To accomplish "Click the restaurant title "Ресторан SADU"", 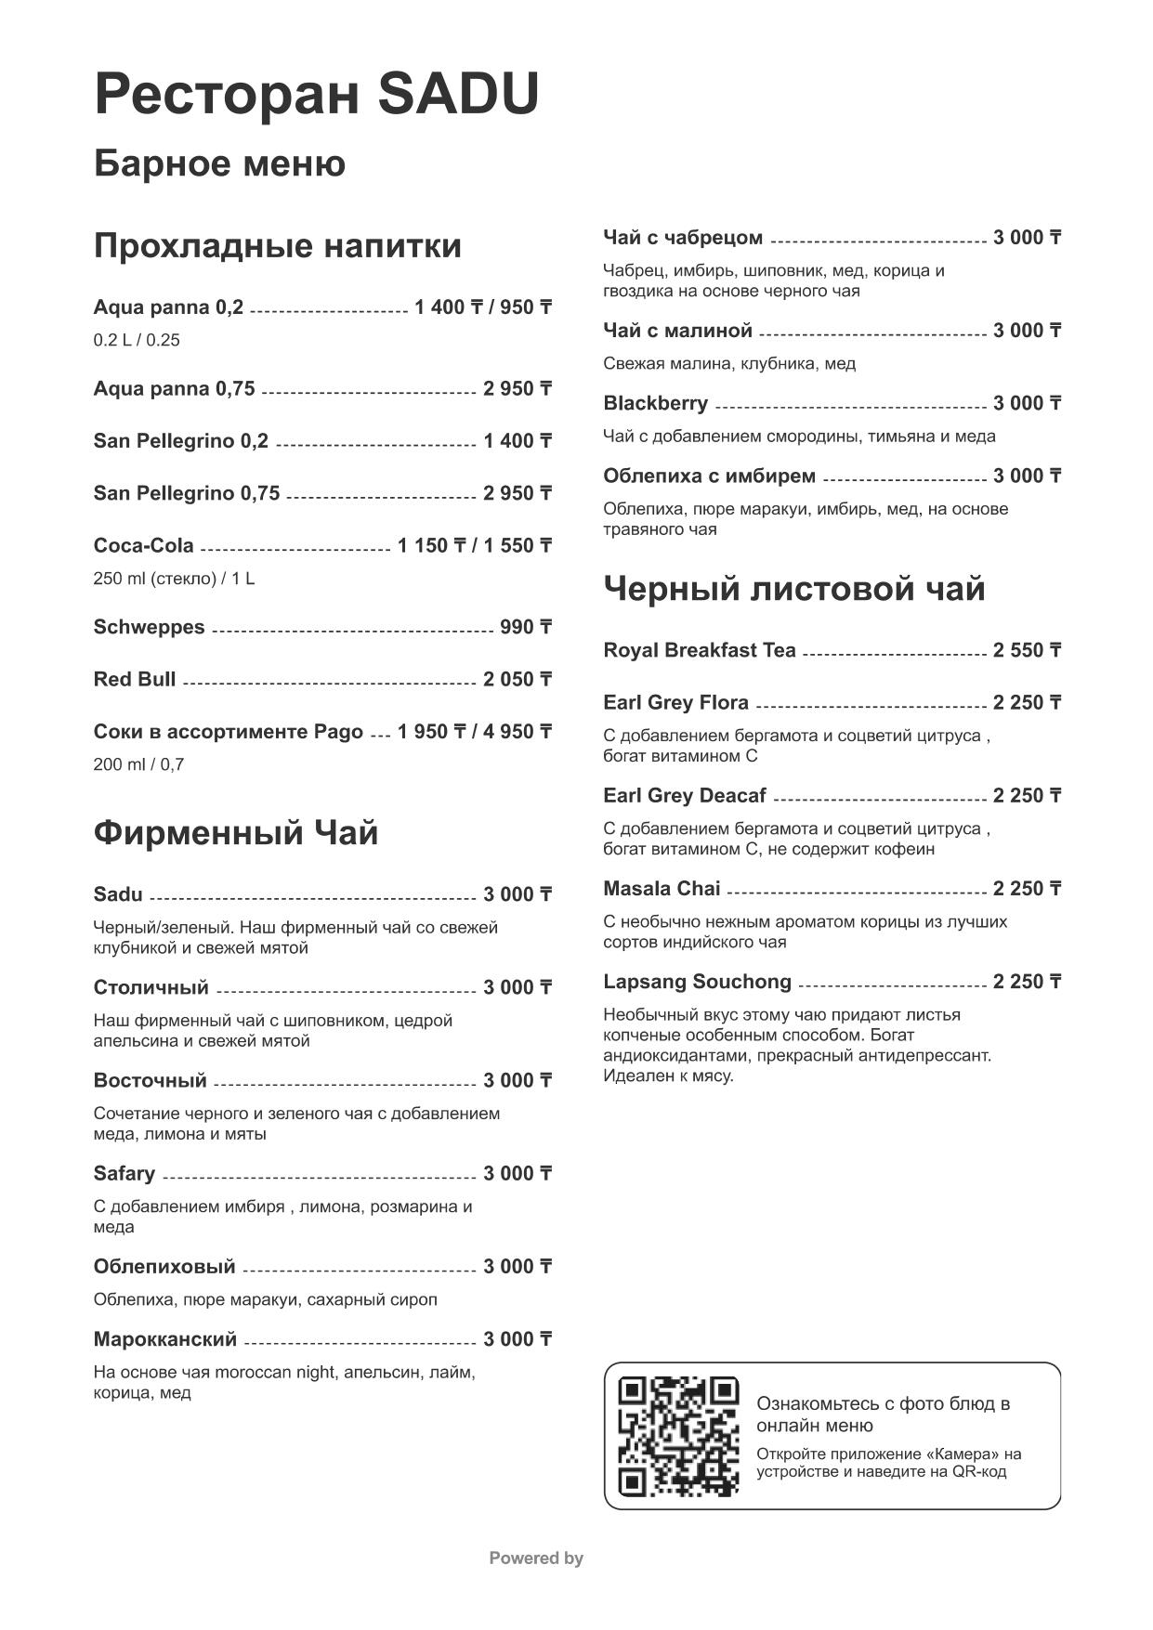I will coord(316,95).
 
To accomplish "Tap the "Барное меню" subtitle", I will coord(219,163).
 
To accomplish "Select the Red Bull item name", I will coord(135,680).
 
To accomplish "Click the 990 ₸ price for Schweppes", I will coord(526,628).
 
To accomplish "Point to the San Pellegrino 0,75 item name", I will coord(186,493).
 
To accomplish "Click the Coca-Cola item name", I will coord(143,546).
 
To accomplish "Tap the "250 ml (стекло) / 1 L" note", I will coord(174,579).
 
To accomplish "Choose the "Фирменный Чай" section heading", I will coord(235,833).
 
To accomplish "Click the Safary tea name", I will coord(124,1174).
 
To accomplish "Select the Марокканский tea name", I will coord(165,1339).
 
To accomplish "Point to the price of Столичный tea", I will coord(518,988).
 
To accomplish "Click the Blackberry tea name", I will coord(655,403).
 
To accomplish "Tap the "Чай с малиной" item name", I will coord(677,331).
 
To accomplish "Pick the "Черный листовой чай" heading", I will coord(794,589).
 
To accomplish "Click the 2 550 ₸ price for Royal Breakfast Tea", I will coord(1027,651).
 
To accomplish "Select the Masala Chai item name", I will coord(662,889).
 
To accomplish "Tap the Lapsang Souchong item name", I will coord(697,982).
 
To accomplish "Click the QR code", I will coord(678,1436).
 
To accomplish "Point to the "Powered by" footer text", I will coord(536,1558).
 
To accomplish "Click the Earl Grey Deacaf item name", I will coord(685,796).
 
